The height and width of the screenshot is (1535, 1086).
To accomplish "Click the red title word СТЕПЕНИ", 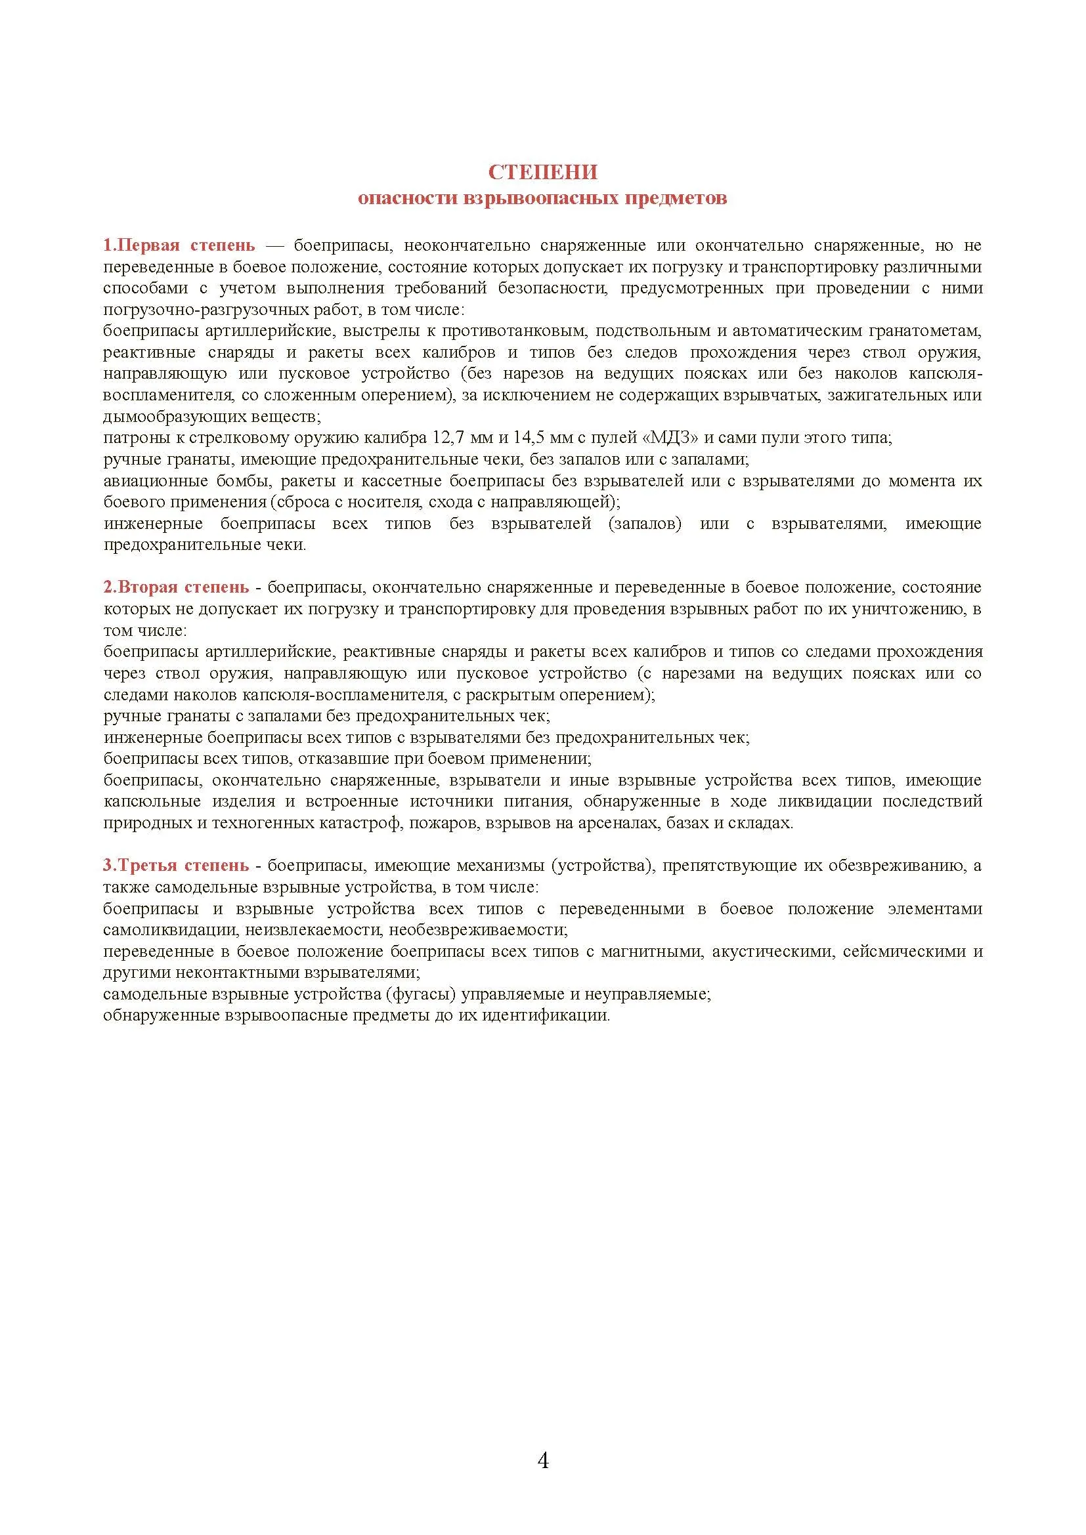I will point(542,173).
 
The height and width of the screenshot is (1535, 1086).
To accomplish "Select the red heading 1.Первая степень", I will point(179,245).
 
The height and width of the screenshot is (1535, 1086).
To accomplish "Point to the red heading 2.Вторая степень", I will point(176,587).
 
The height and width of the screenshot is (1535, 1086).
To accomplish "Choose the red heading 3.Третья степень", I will point(176,866).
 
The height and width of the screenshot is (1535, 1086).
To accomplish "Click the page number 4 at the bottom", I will point(543,1461).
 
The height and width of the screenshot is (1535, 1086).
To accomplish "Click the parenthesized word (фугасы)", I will point(421,994).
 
